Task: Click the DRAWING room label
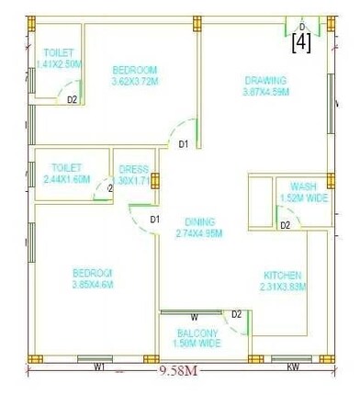pos(266,80)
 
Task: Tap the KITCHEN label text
pos(283,275)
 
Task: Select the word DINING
pos(199,221)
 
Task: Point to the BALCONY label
pos(197,333)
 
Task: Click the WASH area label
pos(303,186)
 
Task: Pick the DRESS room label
pos(134,169)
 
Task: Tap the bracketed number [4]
pos(300,43)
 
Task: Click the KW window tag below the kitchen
pos(293,367)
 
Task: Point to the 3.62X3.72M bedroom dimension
pos(135,82)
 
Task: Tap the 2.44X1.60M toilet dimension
pos(67,179)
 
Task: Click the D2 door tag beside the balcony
pos(236,315)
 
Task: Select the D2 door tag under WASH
pos(286,225)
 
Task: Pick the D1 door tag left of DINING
pos(154,219)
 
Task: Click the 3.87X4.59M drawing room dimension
pos(266,92)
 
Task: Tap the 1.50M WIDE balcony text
pos(197,344)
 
